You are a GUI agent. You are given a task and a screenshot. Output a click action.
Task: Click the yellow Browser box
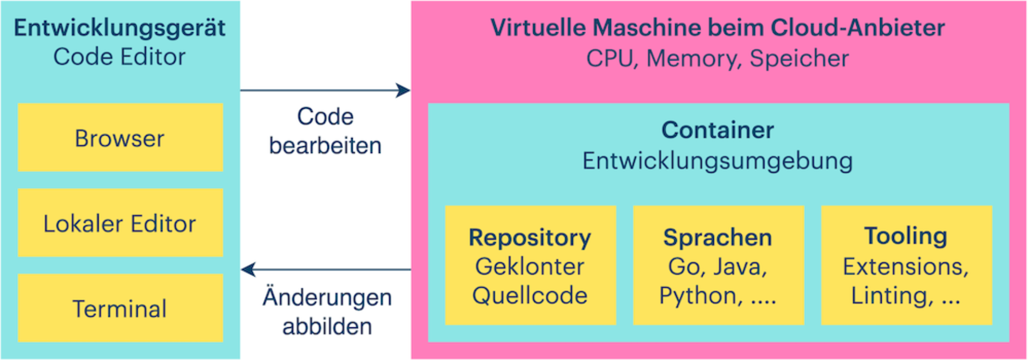pyautogui.click(x=120, y=138)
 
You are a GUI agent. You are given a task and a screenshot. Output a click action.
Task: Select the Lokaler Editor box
pyautogui.click(x=120, y=223)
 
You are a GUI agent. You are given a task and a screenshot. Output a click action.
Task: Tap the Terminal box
pyautogui.click(x=120, y=309)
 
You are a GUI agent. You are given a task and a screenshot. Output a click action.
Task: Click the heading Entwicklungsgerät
pyautogui.click(x=120, y=28)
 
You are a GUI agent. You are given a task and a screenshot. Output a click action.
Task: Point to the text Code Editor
pyautogui.click(x=120, y=57)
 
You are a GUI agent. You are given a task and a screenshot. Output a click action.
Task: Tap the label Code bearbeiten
pyautogui.click(x=325, y=131)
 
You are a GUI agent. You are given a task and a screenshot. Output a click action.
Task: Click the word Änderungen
pyautogui.click(x=327, y=297)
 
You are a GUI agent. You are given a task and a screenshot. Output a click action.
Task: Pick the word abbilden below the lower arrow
pyautogui.click(x=327, y=326)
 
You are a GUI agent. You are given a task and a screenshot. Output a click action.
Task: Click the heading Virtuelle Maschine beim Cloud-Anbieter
pyautogui.click(x=718, y=28)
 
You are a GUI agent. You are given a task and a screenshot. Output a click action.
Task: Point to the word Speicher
pyautogui.click(x=799, y=58)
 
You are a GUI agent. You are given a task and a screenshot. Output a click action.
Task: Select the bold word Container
pyautogui.click(x=718, y=130)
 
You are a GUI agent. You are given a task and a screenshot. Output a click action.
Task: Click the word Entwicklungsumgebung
pyautogui.click(x=718, y=161)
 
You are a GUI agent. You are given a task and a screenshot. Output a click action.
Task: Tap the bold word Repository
pyautogui.click(x=530, y=237)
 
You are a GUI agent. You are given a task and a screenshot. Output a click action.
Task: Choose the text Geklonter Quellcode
pyautogui.click(x=530, y=281)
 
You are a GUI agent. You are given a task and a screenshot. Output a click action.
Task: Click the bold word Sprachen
pyautogui.click(x=718, y=237)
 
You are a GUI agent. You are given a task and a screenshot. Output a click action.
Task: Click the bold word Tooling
pyautogui.click(x=906, y=236)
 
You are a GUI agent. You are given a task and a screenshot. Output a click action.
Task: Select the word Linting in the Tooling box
pyautogui.click(x=890, y=296)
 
